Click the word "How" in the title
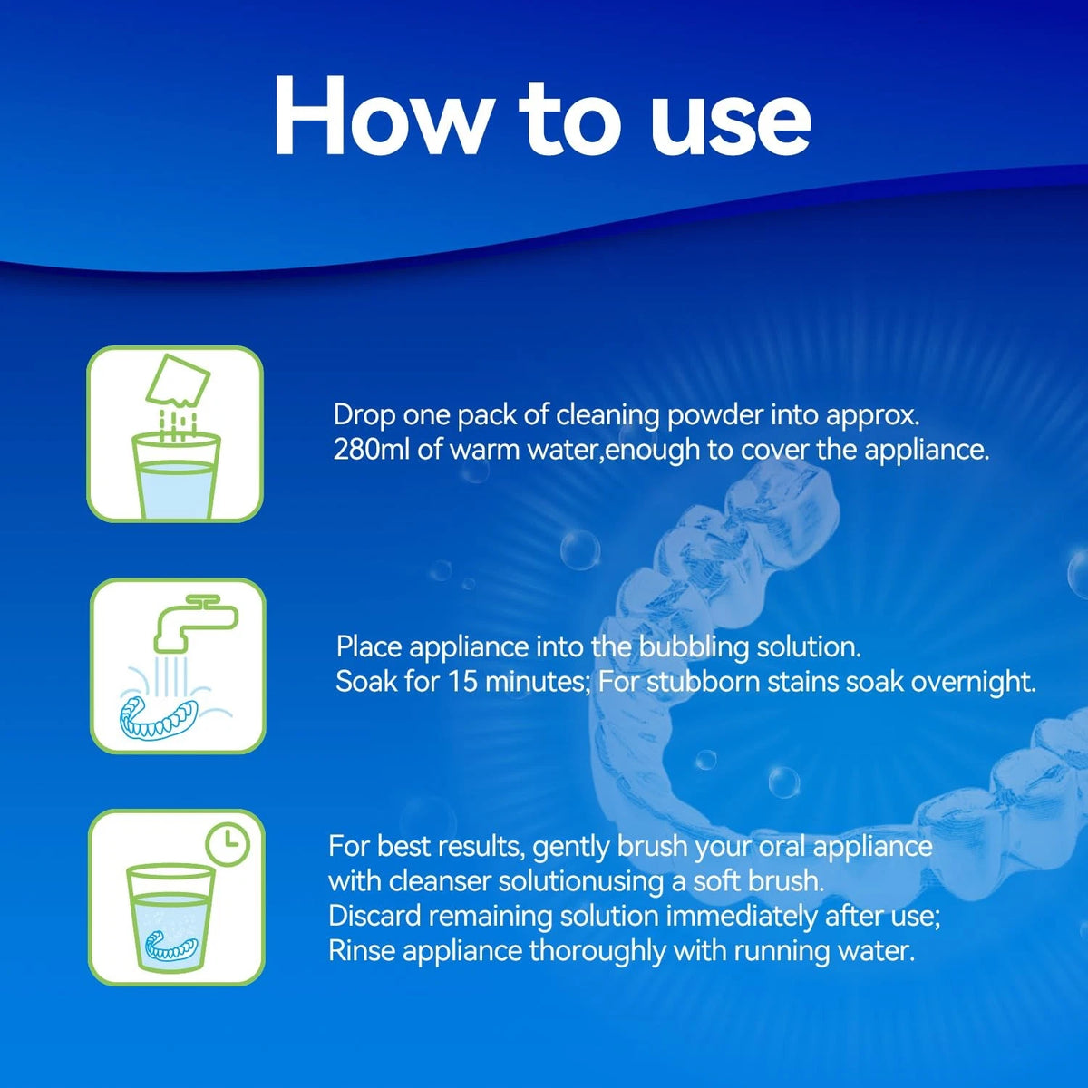point(381,116)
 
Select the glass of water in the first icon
point(176,476)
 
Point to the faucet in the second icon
point(196,622)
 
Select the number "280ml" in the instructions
point(371,450)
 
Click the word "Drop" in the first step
point(364,416)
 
